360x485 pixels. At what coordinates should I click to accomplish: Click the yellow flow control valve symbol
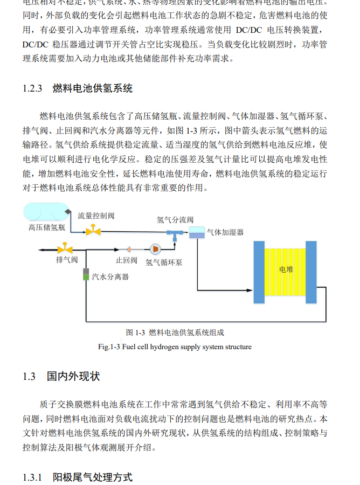click(x=93, y=231)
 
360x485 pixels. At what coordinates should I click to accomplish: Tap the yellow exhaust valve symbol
click(x=66, y=249)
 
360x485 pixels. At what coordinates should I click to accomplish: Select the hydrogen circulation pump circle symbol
click(x=155, y=249)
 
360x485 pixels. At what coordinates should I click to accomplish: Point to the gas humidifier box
click(x=197, y=232)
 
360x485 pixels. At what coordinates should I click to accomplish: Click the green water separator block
click(x=85, y=274)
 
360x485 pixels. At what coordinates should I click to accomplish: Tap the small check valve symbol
click(x=129, y=249)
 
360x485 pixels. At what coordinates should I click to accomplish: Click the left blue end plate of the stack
click(x=259, y=272)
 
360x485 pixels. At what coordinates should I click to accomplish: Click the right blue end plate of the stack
click(x=313, y=272)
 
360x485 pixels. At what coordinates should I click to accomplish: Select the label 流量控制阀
click(x=96, y=216)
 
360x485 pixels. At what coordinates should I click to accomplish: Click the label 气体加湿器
click(x=225, y=232)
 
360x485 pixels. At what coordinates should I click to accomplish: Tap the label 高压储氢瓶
click(x=47, y=227)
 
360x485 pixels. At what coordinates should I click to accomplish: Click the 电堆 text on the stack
click(x=286, y=269)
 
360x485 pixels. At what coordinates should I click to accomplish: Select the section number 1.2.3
click(x=32, y=88)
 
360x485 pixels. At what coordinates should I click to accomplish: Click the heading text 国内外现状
click(x=73, y=376)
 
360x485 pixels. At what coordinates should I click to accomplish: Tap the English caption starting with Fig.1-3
click(x=175, y=347)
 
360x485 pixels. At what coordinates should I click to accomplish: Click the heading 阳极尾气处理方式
click(x=92, y=477)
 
